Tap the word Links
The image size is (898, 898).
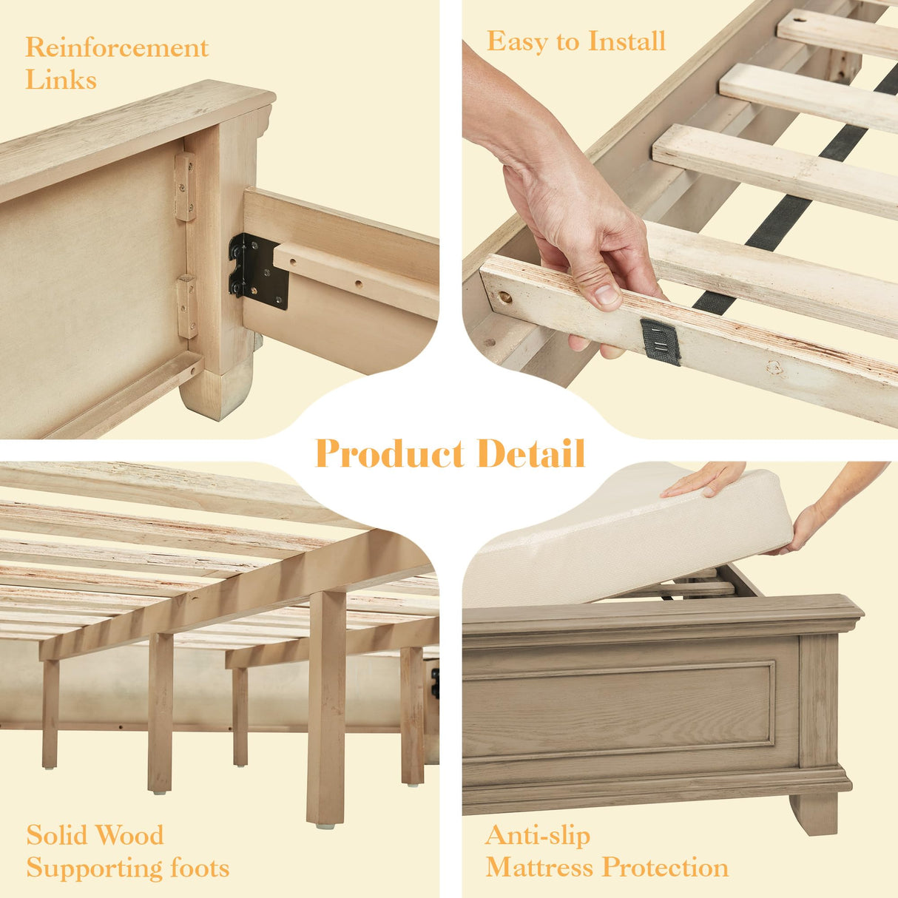click(61, 80)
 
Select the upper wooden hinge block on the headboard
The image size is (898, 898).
click(185, 186)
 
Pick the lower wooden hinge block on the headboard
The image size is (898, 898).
click(187, 306)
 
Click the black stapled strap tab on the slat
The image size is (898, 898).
click(660, 342)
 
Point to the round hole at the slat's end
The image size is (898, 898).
click(505, 297)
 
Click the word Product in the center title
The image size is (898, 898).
click(390, 453)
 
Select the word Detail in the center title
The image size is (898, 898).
click(530, 453)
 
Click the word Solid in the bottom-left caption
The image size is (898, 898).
click(55, 836)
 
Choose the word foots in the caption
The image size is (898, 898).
click(199, 868)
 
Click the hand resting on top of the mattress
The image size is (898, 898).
click(703, 480)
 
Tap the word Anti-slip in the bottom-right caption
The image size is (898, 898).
click(538, 836)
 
